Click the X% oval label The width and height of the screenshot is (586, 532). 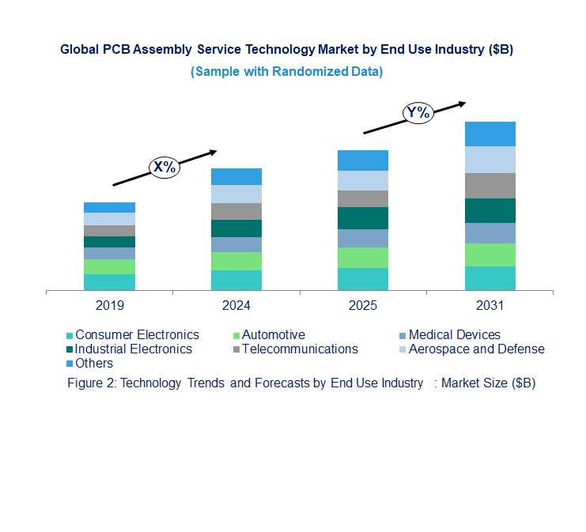164,167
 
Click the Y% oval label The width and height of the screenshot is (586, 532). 418,113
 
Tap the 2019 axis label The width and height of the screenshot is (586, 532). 109,305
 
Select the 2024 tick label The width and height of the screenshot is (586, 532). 236,305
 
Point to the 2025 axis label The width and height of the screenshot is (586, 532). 363,305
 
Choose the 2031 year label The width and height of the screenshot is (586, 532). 490,305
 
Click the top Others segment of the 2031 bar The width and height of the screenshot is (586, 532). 490,134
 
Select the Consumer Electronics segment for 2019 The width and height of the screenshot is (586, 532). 109,282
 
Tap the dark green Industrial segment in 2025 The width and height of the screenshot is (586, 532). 363,218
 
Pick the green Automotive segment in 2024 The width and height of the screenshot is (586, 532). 236,261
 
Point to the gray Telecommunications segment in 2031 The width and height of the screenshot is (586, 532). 490,185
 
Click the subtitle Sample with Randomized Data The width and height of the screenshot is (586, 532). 286,72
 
